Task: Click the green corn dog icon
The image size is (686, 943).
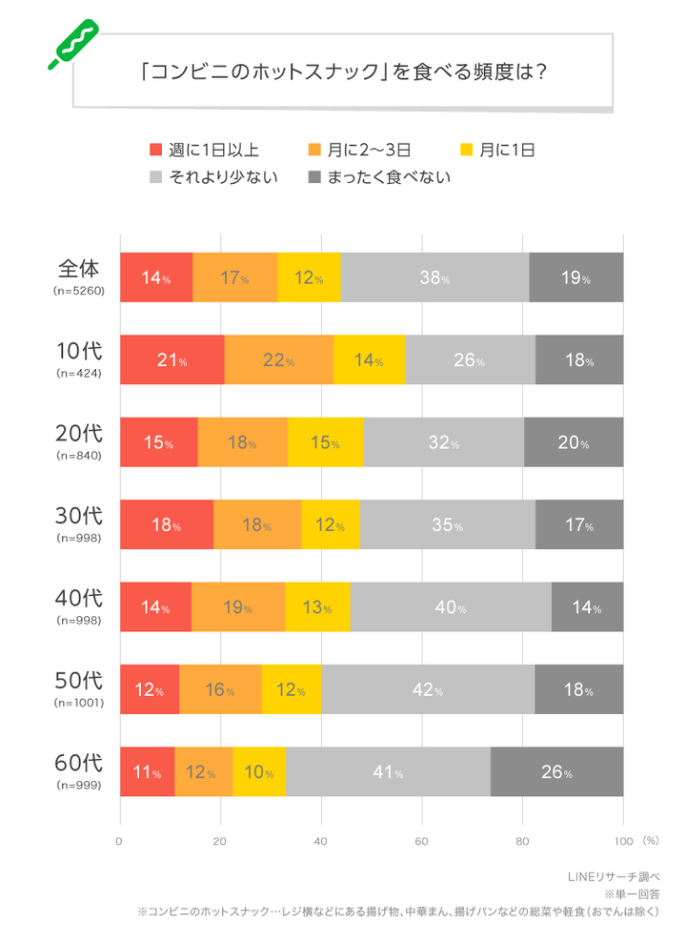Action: click(x=71, y=44)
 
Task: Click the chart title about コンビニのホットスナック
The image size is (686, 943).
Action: click(x=342, y=72)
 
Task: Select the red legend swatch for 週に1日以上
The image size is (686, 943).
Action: click(x=156, y=150)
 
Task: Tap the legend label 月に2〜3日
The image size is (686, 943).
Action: click(x=369, y=150)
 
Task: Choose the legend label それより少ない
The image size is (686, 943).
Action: click(x=223, y=176)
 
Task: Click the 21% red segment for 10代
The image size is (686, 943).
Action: click(x=171, y=360)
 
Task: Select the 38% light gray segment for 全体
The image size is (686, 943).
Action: click(x=434, y=278)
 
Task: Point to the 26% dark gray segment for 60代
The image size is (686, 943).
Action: click(x=556, y=771)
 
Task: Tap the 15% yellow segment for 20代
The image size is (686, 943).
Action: click(x=325, y=442)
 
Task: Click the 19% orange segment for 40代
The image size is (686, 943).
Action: click(x=237, y=607)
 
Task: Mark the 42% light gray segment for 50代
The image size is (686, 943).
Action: click(x=428, y=689)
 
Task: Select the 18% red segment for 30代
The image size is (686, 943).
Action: click(x=167, y=525)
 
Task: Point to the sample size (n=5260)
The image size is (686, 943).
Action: click(x=77, y=292)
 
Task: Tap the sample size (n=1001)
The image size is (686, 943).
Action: click(x=77, y=703)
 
